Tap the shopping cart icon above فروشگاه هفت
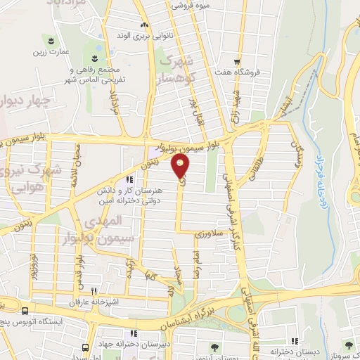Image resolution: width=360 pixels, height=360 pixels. coord(238,60)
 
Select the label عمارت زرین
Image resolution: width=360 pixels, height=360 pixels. coord(53,51)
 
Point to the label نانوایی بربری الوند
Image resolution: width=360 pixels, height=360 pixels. coord(144,34)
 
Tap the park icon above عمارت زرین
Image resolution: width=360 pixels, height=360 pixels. coord(51,38)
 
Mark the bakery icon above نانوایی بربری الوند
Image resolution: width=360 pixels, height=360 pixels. coord(144,23)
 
